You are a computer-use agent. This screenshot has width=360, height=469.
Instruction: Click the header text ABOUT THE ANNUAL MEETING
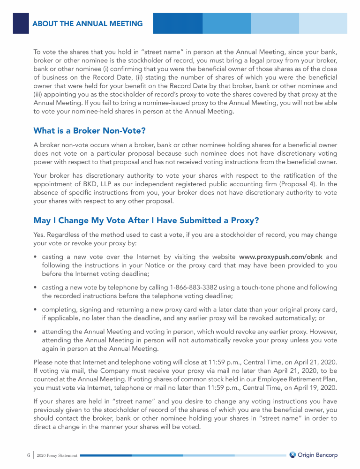(x=88, y=23)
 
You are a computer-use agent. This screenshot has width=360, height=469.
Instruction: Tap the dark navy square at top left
(x=21, y=23)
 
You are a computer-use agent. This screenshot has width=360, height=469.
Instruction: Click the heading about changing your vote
(x=146, y=220)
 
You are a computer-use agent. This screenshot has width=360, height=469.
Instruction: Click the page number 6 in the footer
(x=28, y=455)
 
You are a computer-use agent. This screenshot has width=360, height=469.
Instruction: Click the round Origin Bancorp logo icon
(x=293, y=455)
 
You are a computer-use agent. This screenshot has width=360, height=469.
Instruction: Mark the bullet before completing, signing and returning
(x=36, y=310)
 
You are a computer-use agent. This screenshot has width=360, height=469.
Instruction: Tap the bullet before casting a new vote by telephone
(x=36, y=287)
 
